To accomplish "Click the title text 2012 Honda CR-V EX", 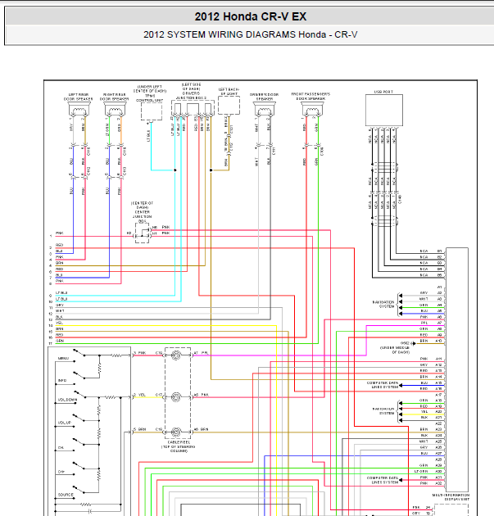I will pos(251,16).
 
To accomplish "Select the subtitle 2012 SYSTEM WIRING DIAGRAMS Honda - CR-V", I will pos(251,34).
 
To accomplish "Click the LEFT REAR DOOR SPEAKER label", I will pos(79,96).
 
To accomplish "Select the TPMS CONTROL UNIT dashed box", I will pos(149,112).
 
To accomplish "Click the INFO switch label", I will pos(62,381).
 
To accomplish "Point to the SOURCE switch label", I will pos(66,495).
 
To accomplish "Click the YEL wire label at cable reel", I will pos(143,394).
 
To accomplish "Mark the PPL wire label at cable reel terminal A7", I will pos(205,354).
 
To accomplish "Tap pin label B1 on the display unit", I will pos(439,251).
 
